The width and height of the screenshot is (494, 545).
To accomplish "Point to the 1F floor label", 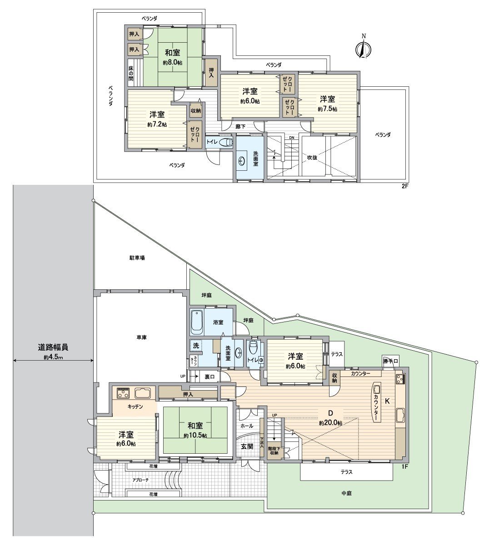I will coord(404,466).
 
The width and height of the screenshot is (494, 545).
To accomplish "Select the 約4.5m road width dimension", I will coord(53,357).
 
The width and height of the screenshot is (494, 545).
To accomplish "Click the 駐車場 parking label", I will coord(136,258).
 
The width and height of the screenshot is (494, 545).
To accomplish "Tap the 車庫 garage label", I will coord(141,337).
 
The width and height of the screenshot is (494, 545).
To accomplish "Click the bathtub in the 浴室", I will coord(196,321).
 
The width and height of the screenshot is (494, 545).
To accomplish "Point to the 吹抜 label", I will coord(312,158).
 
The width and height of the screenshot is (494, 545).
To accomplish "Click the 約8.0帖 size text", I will coord(172,63).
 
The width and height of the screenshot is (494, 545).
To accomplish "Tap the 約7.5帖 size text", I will coord(327,109).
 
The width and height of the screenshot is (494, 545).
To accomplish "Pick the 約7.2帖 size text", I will coord(157,124).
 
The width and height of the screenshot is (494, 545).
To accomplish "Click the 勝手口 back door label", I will coord(390,362).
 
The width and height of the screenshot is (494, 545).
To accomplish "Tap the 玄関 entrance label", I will coord(247,446).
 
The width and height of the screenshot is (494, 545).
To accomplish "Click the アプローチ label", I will coord(140,480).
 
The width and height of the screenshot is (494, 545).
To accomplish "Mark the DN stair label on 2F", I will coord(292,138).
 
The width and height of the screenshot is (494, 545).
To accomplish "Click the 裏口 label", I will coord(209,377).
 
